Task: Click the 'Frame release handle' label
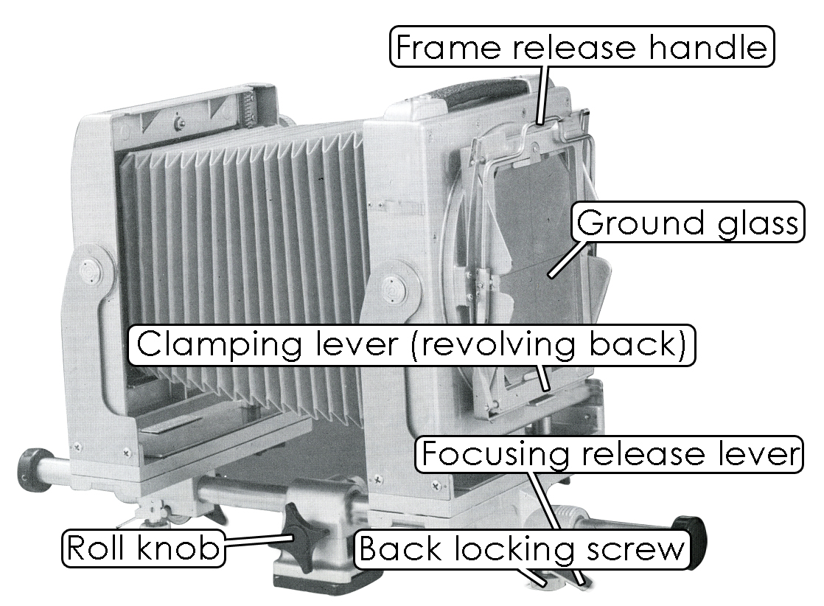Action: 582,46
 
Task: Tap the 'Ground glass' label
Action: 687,222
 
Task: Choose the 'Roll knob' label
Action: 144,548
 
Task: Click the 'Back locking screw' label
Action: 522,550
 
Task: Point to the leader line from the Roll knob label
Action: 254,543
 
